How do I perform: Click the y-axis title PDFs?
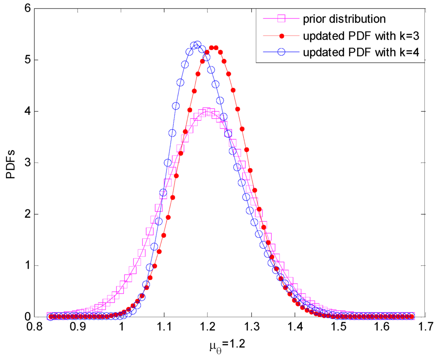pyautogui.click(x=12, y=162)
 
